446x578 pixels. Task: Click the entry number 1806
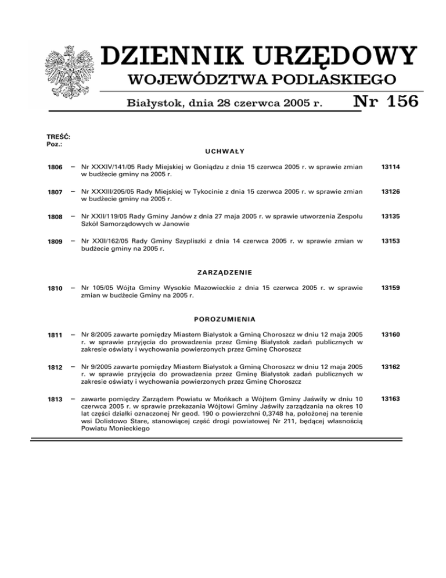tap(55, 167)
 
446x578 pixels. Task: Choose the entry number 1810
tap(55, 287)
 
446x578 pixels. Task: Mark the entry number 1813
tap(55, 399)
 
